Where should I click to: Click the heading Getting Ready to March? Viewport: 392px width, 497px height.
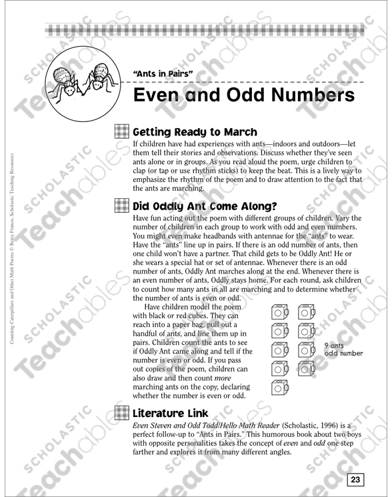point(195,131)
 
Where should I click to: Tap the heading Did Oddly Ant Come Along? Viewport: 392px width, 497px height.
point(205,205)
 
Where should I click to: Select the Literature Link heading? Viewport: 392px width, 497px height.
point(171,413)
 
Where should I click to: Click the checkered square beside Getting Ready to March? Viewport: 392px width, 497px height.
point(122,131)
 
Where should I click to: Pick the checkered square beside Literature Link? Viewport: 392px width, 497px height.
point(122,413)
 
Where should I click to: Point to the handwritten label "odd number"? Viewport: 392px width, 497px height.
point(343,353)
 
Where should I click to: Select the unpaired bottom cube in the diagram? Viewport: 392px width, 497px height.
point(280,386)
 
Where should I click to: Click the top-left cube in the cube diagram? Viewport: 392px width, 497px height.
point(280,312)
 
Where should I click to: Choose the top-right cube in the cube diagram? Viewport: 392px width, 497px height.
point(307,312)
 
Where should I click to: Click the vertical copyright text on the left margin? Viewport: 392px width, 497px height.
point(13,247)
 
